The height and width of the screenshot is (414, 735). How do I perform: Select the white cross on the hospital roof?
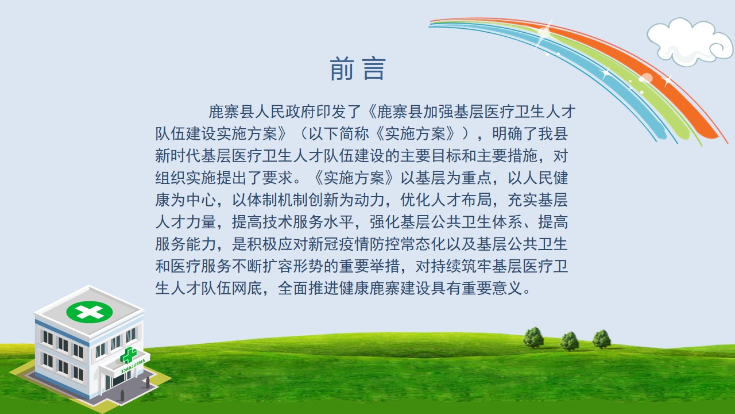click(x=90, y=312)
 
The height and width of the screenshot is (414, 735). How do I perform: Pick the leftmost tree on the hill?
click(x=533, y=337)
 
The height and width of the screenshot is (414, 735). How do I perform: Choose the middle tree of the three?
click(x=570, y=340)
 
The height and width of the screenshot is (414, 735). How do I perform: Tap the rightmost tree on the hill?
click(x=602, y=339)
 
